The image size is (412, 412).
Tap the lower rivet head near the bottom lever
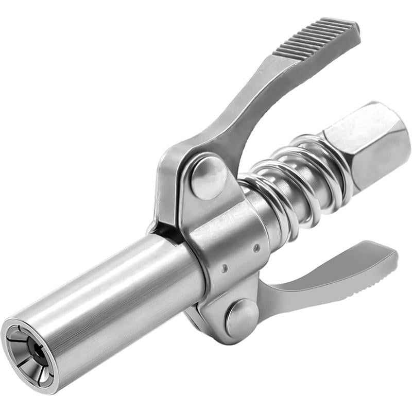[x=242, y=317]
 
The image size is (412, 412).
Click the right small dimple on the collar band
[x=256, y=248]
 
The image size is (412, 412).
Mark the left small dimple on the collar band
[x=224, y=268]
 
